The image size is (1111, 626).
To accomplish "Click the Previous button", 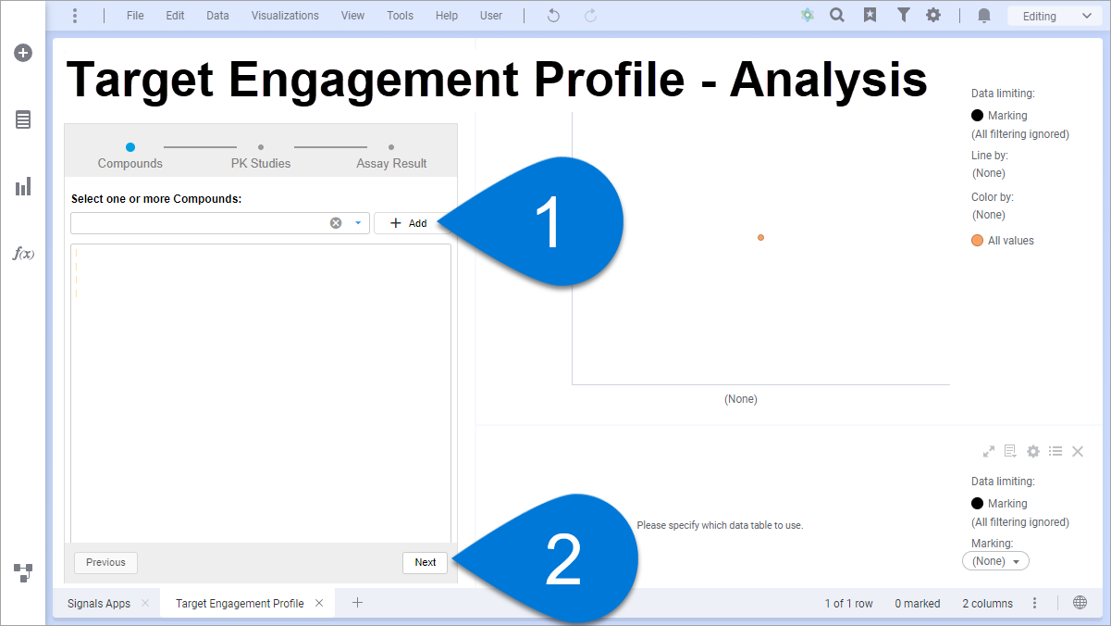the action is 105,562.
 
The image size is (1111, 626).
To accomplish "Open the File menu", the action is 135,16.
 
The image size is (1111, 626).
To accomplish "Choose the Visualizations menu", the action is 285,16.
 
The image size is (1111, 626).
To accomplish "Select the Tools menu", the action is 400,16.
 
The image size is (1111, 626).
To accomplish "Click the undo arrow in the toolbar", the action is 553,16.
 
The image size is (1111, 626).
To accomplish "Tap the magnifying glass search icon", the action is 837,16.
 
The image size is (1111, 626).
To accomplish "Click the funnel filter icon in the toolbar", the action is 903,16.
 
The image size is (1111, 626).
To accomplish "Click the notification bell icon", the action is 984,16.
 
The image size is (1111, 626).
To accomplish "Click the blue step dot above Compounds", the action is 130,147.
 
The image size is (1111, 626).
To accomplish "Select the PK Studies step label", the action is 261,163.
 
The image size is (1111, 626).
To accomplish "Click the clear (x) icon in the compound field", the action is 336,223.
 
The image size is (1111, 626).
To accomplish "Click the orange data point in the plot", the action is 760,238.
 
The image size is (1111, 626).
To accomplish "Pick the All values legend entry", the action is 1003,241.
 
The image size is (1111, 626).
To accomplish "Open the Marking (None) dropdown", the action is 995,561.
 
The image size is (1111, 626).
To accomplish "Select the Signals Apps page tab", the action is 99,603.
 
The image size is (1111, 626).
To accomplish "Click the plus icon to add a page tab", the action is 357,603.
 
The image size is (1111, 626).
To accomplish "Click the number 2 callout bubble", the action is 561,558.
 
